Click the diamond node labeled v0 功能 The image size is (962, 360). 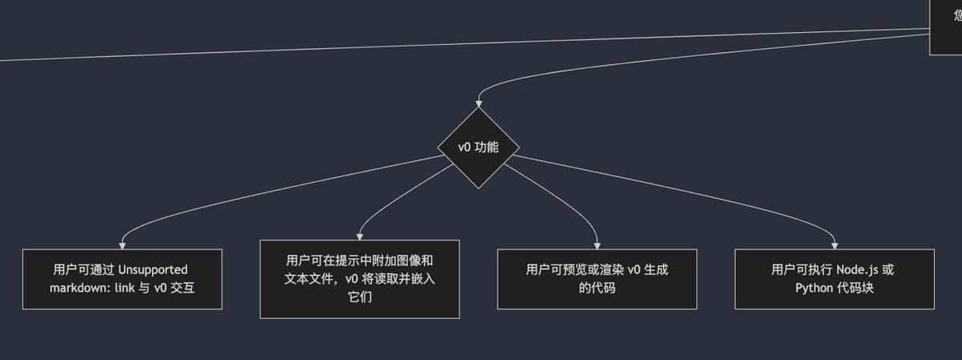479,148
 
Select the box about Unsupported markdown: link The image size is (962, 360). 122,278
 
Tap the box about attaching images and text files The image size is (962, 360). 359,278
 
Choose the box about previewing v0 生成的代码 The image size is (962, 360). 596,278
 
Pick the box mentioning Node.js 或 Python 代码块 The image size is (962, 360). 834,278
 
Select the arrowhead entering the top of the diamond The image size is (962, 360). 479,103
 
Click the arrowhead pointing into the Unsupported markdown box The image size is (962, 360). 122,245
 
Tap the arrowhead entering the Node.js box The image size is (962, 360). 835,245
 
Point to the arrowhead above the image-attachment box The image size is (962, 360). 359,236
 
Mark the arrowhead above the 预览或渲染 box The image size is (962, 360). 597,245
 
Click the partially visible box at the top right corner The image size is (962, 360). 946,26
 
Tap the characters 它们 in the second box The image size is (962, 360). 359,297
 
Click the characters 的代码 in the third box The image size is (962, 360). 596,287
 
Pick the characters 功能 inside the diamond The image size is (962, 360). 487,148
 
